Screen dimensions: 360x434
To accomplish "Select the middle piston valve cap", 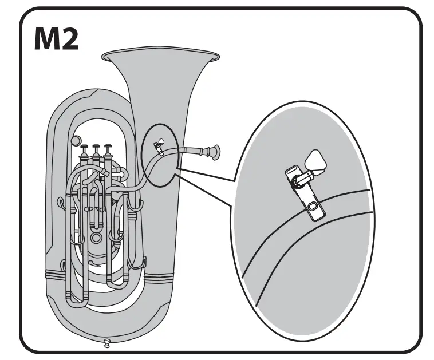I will pos(96,147).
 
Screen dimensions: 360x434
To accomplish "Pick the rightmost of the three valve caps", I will pos(106,147).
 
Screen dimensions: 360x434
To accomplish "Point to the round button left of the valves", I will pos(75,141).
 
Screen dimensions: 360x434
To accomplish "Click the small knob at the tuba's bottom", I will pos(107,343).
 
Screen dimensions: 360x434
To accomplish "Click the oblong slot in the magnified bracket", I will pos(313,206).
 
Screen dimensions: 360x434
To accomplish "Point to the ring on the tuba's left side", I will pos(60,201).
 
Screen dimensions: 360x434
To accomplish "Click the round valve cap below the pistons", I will pos(96,236).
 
